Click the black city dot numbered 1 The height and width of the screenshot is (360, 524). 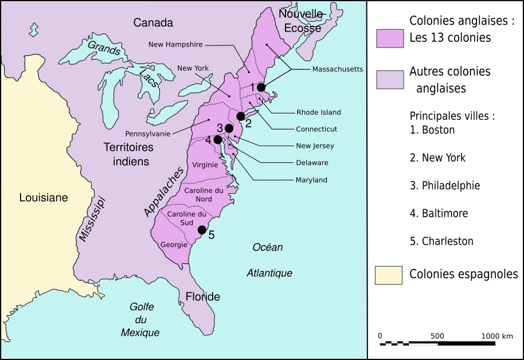[x=261, y=87]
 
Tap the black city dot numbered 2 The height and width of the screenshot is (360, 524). [x=241, y=116]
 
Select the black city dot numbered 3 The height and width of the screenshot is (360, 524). [x=229, y=128]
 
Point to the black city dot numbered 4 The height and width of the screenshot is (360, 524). [x=218, y=139]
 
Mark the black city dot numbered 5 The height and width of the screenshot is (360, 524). [x=202, y=230]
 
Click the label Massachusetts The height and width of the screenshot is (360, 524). [x=338, y=69]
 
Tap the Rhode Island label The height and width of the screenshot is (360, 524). [x=319, y=112]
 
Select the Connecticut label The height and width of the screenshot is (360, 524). [x=316, y=129]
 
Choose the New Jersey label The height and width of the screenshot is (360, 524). [x=315, y=146]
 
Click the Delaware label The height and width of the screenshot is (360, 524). [x=312, y=163]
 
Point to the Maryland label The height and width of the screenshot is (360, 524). [x=311, y=180]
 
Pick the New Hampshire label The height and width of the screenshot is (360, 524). [x=175, y=44]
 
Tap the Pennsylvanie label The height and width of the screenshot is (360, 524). [x=147, y=134]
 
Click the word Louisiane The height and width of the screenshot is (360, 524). [x=44, y=198]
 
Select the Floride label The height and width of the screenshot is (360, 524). [x=202, y=297]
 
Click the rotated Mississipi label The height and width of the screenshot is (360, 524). [x=92, y=220]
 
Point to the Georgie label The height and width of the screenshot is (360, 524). [x=174, y=245]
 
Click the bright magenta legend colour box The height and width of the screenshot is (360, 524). [x=390, y=39]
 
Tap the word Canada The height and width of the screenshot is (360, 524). [x=153, y=23]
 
